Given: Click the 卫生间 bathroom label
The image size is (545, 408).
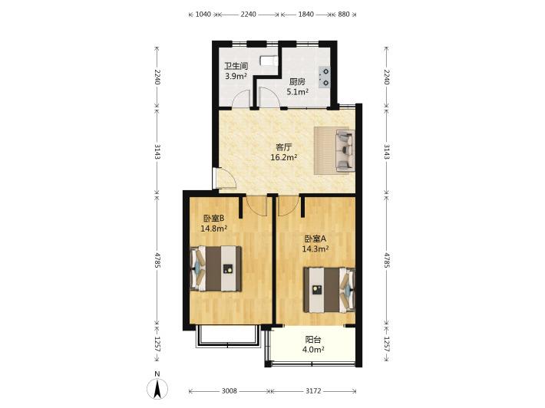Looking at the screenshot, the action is pyautogui.click(x=236, y=66).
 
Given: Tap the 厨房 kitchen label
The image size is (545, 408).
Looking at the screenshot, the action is pyautogui.click(x=298, y=82).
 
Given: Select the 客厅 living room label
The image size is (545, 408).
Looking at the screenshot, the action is pyautogui.click(x=283, y=147).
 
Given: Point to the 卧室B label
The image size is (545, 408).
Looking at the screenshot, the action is pyautogui.click(x=213, y=219).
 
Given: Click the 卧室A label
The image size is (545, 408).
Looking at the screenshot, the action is pyautogui.click(x=315, y=239).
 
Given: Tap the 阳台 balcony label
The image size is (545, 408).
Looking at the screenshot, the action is pyautogui.click(x=313, y=340).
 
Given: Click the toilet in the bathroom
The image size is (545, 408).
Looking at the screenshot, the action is pyautogui.click(x=269, y=61).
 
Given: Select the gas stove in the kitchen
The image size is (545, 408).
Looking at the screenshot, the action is pyautogui.click(x=325, y=77).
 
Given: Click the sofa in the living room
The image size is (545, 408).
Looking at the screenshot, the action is pyautogui.click(x=345, y=151).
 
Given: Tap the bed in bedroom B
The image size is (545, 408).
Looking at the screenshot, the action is pyautogui.click(x=216, y=268).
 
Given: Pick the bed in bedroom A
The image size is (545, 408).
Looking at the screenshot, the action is pyautogui.click(x=329, y=290).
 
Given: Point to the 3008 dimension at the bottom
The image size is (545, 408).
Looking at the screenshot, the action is pyautogui.click(x=229, y=391).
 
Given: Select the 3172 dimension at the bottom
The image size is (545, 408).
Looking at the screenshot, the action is pyautogui.click(x=313, y=391).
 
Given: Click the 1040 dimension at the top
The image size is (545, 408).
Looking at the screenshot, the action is pyautogui.click(x=203, y=15).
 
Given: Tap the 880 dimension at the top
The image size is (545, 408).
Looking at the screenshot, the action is pyautogui.click(x=344, y=15).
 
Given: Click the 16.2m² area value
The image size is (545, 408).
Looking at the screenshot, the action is pyautogui.click(x=283, y=157).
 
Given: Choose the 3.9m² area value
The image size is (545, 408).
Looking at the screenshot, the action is pyautogui.click(x=236, y=76).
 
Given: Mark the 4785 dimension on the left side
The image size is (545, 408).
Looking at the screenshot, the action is pyautogui.click(x=157, y=261).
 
